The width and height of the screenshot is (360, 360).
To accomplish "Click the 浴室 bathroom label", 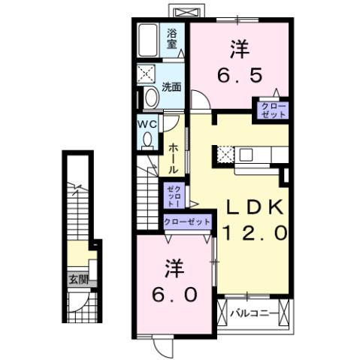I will click(x=172, y=38).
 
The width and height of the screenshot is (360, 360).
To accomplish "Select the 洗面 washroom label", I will click(x=171, y=86).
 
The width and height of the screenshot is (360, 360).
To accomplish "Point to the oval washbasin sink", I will click(x=150, y=98).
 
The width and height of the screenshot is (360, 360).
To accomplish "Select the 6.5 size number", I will click(x=240, y=76).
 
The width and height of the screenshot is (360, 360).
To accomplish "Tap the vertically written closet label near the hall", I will click(x=172, y=195).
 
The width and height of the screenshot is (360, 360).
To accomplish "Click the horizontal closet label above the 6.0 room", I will click(x=187, y=222).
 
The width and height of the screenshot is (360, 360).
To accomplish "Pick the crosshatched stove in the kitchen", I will click(x=225, y=156).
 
